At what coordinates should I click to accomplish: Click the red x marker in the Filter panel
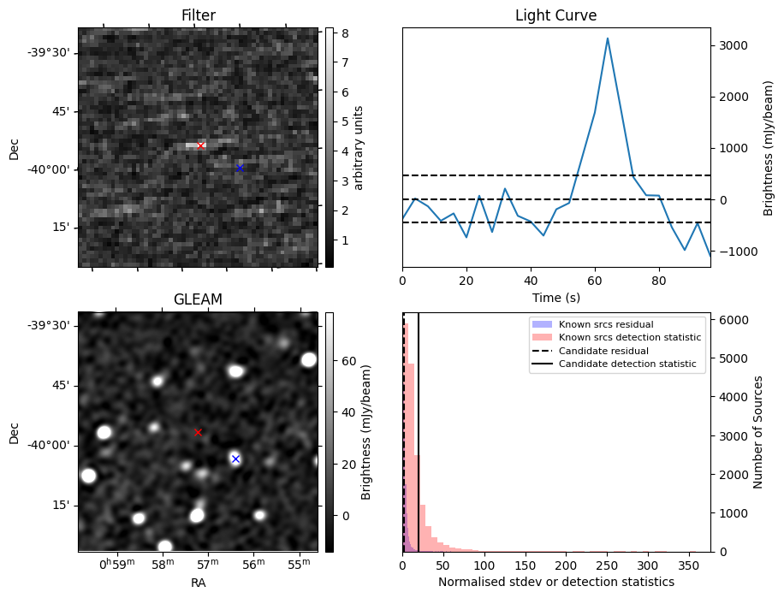(x=200, y=145)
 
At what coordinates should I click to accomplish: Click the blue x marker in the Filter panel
(x=240, y=168)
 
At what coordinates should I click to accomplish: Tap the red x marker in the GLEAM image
(x=198, y=432)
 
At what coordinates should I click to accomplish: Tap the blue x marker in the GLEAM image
(x=235, y=459)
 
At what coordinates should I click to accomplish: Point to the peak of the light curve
(x=608, y=38)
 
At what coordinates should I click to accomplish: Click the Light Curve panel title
(x=555, y=15)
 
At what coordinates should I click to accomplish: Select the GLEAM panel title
(x=198, y=299)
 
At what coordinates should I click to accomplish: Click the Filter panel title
(x=198, y=15)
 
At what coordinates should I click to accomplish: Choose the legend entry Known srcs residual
(x=605, y=324)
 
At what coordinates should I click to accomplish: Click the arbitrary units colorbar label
(x=359, y=147)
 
